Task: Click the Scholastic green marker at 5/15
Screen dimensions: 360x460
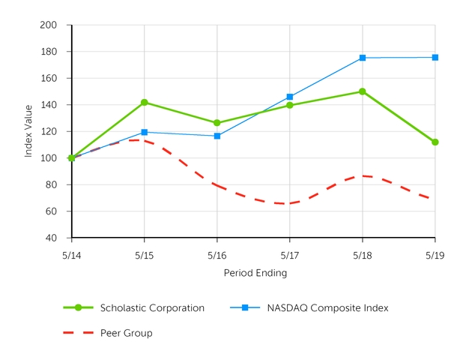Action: click(x=145, y=102)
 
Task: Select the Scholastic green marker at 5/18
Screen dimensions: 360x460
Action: click(x=363, y=91)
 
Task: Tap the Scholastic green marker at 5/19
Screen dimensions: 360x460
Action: click(x=435, y=142)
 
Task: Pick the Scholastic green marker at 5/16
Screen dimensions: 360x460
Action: click(x=217, y=123)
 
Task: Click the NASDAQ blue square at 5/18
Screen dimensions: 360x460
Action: click(x=363, y=58)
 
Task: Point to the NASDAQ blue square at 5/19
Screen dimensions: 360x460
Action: click(x=435, y=57)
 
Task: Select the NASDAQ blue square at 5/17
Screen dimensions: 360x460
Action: click(x=290, y=97)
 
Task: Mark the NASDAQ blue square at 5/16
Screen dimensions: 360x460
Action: click(x=217, y=136)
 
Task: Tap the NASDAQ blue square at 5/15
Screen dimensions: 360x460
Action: click(x=145, y=132)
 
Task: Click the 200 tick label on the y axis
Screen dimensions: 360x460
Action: click(x=49, y=25)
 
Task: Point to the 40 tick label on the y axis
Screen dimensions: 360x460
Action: click(x=52, y=238)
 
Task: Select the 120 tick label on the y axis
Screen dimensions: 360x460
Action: click(x=49, y=131)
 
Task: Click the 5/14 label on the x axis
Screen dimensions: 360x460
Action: click(x=72, y=255)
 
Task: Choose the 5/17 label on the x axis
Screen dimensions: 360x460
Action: click(x=290, y=255)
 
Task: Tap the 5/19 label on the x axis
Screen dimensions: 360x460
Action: click(x=435, y=255)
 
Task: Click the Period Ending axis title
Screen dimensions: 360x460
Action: click(x=255, y=273)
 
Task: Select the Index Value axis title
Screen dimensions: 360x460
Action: click(x=28, y=131)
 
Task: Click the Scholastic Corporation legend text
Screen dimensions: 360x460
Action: click(x=152, y=307)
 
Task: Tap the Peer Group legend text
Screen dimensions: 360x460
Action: click(x=126, y=333)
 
